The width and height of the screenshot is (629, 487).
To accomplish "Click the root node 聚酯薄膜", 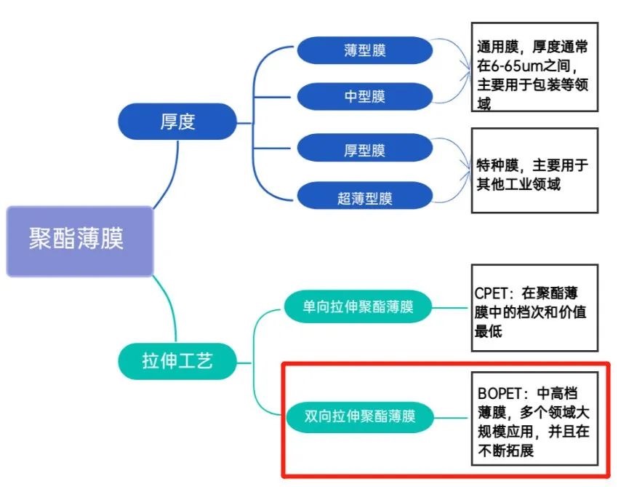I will [x=80, y=241].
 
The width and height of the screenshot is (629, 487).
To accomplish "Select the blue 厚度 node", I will [x=177, y=122].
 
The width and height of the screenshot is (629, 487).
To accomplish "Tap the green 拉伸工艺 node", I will [x=177, y=360].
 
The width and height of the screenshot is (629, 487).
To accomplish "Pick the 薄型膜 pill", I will [x=365, y=50].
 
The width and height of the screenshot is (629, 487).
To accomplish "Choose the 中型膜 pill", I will [x=365, y=96].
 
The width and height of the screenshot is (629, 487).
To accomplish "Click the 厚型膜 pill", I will [x=365, y=151].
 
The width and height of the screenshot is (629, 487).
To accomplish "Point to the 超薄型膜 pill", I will [x=365, y=197].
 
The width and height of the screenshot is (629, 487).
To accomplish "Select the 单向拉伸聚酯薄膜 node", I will [x=358, y=306].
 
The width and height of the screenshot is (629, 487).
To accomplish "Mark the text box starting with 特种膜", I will [x=534, y=170].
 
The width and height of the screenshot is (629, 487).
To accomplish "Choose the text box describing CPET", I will [x=534, y=307].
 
